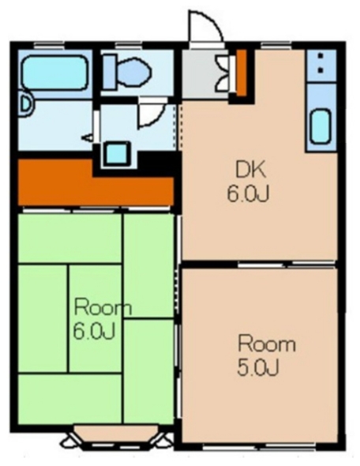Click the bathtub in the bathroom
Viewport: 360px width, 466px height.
[55, 72]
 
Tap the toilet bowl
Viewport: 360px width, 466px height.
[133, 71]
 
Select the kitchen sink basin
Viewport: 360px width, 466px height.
[321, 126]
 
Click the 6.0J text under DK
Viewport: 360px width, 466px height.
[248, 194]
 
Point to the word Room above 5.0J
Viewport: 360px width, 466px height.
[267, 344]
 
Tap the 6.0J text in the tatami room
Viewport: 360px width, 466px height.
[94, 332]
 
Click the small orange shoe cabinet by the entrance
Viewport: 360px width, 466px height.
[242, 72]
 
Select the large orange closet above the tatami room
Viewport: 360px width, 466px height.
[96, 183]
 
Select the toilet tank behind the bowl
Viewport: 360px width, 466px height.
[109, 72]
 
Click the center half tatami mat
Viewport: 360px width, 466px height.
[95, 318]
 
